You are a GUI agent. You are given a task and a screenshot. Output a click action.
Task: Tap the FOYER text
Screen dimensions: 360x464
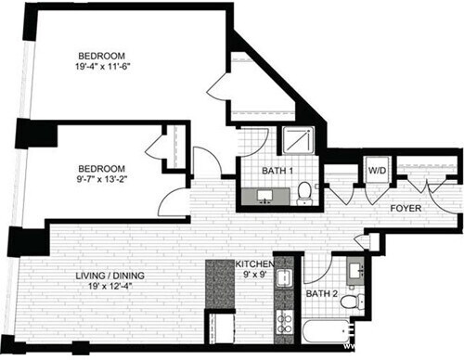(x=406, y=209)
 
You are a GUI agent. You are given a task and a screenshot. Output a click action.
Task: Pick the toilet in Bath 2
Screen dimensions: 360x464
(x=349, y=302)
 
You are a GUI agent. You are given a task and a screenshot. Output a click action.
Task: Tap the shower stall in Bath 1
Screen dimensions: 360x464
(x=298, y=141)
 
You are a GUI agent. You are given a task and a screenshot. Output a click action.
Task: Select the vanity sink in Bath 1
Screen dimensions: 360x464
(x=265, y=196)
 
